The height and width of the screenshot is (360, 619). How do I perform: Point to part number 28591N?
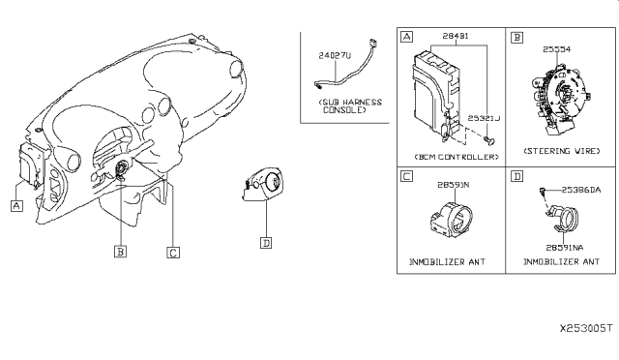[453, 184]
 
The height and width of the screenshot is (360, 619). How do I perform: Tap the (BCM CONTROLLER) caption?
[454, 155]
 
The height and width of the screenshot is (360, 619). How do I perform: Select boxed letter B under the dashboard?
[121, 251]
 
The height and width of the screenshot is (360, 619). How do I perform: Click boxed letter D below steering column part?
[265, 243]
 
